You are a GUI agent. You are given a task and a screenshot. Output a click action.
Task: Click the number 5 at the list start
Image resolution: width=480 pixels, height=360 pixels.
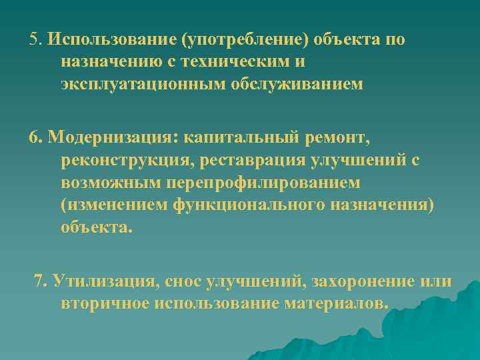pyautogui.click(x=33, y=39)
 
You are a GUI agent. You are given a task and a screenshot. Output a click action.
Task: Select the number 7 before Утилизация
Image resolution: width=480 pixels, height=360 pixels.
pyautogui.click(x=39, y=281)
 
